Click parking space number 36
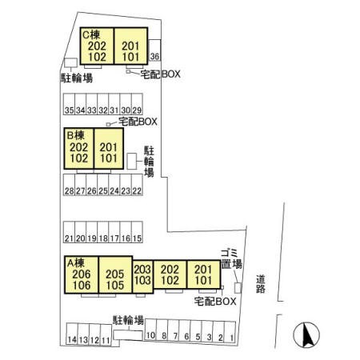tap(154, 50)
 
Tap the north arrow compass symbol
tap(306, 335)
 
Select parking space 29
tap(137, 104)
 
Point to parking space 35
tap(69, 104)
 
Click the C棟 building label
tap(91, 34)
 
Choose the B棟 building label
tap(75, 135)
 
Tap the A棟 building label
tap(76, 263)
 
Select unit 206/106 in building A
tap(82, 275)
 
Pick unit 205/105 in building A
tap(115, 275)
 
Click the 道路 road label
tap(261, 284)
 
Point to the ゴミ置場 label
tap(231, 259)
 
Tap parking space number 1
tap(230, 331)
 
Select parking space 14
tap(72, 334)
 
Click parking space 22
tap(137, 185)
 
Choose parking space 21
tap(69, 232)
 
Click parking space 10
tap(150, 330)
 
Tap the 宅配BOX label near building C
tap(160, 74)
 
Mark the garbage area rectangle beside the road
tap(238, 288)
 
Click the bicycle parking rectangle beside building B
tap(132, 161)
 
